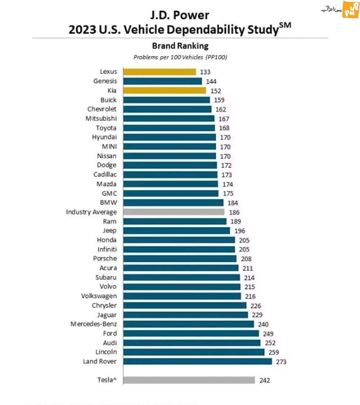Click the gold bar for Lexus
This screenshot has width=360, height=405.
[159, 72]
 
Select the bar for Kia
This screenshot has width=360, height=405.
[165, 90]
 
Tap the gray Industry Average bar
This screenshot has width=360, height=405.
[174, 212]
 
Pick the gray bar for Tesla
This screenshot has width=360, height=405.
[189, 380]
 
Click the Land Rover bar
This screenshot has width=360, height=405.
[198, 361]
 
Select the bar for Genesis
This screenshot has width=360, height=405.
[163, 81]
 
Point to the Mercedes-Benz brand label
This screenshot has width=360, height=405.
[94, 324]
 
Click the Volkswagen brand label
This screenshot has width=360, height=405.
[99, 296]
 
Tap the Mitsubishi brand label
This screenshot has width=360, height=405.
[101, 118]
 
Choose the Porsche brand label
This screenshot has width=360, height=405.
[105, 258]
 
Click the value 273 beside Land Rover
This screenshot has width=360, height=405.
[281, 362]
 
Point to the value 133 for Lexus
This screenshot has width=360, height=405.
[205, 72]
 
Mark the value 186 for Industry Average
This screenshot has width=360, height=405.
[234, 212]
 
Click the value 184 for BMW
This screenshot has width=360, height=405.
[233, 203]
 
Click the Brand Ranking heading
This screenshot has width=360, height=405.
[180, 46]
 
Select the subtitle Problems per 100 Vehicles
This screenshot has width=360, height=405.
[180, 57]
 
